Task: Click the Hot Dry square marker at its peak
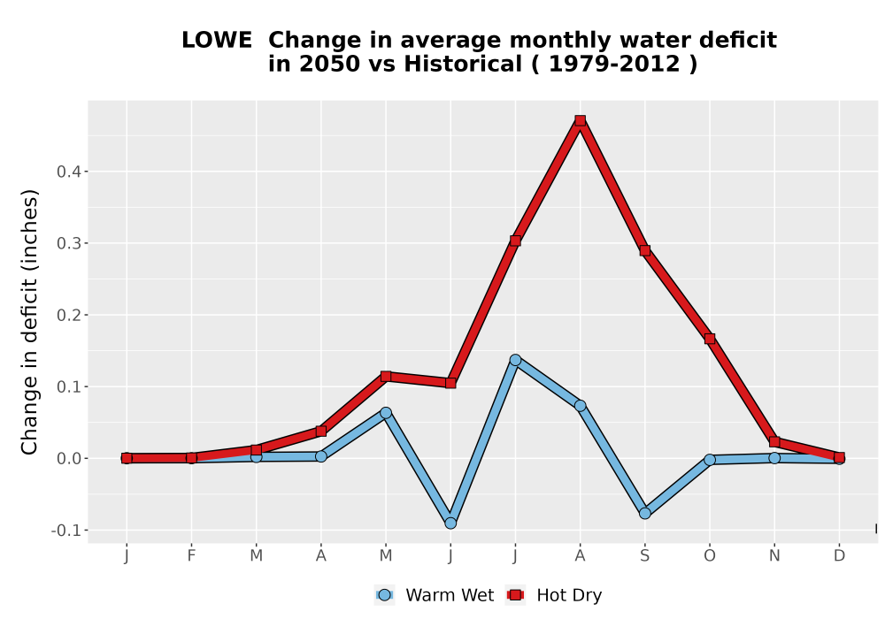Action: [581, 120]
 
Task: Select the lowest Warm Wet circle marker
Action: [450, 523]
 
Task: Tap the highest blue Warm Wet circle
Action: [515, 360]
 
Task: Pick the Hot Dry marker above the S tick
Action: [645, 250]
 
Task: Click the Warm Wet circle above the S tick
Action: [645, 513]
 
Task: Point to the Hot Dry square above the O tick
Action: [710, 339]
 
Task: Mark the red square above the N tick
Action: [774, 441]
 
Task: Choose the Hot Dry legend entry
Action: [555, 595]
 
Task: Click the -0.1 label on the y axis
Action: [66, 531]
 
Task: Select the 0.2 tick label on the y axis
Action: [69, 315]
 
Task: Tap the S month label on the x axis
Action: [645, 556]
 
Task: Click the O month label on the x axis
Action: [710, 556]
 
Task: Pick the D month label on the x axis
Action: [839, 556]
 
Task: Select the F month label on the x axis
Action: [191, 556]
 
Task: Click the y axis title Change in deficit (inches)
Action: [29, 322]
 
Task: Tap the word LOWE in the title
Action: [217, 41]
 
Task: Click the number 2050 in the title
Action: [329, 65]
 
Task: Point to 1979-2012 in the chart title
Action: [614, 65]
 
